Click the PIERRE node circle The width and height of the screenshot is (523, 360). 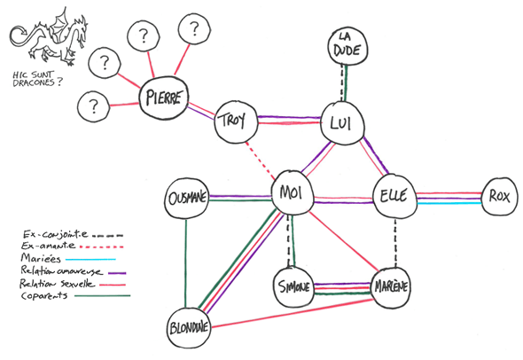(165, 98)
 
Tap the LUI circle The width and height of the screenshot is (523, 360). (342, 122)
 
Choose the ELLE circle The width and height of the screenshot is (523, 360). (391, 196)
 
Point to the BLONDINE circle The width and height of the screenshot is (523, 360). (190, 325)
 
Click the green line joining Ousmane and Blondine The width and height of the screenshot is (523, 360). (186, 262)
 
